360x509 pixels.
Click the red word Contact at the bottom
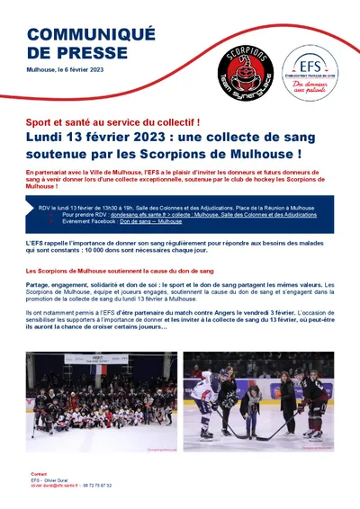pyautogui.click(x=39, y=473)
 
